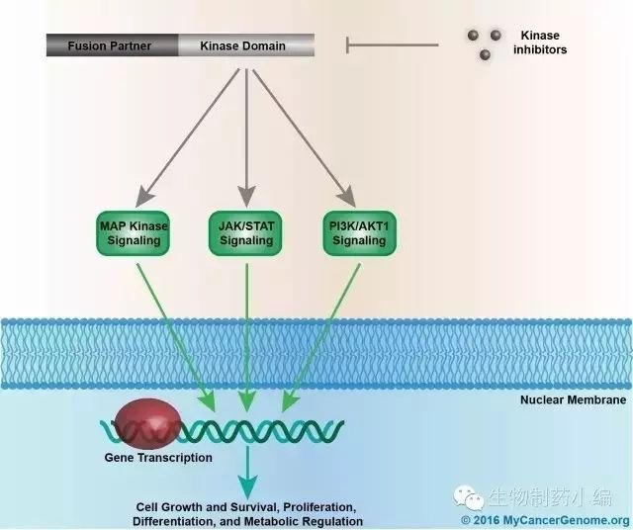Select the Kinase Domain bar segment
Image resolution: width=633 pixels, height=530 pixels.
point(245,45)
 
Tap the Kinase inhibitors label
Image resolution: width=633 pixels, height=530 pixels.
point(540,43)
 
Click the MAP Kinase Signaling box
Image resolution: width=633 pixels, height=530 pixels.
point(135,232)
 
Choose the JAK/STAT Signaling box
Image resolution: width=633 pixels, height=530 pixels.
point(246,232)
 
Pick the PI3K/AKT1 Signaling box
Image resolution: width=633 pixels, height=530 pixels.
point(359,232)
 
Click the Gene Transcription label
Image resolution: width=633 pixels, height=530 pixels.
point(158,458)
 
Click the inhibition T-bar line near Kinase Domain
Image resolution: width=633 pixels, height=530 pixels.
point(391,44)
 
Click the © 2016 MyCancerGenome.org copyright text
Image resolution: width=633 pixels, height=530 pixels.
point(545,520)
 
